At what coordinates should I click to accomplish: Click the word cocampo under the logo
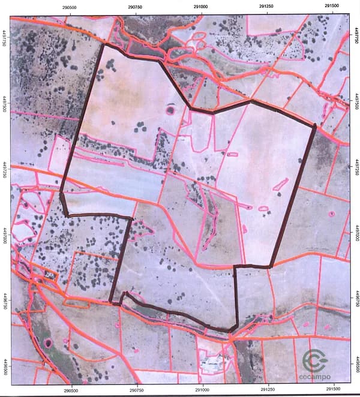314,378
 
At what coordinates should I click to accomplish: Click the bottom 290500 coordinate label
71,390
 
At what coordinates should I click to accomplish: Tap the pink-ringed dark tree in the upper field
170,110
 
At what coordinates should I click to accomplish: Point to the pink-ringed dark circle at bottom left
47,343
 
